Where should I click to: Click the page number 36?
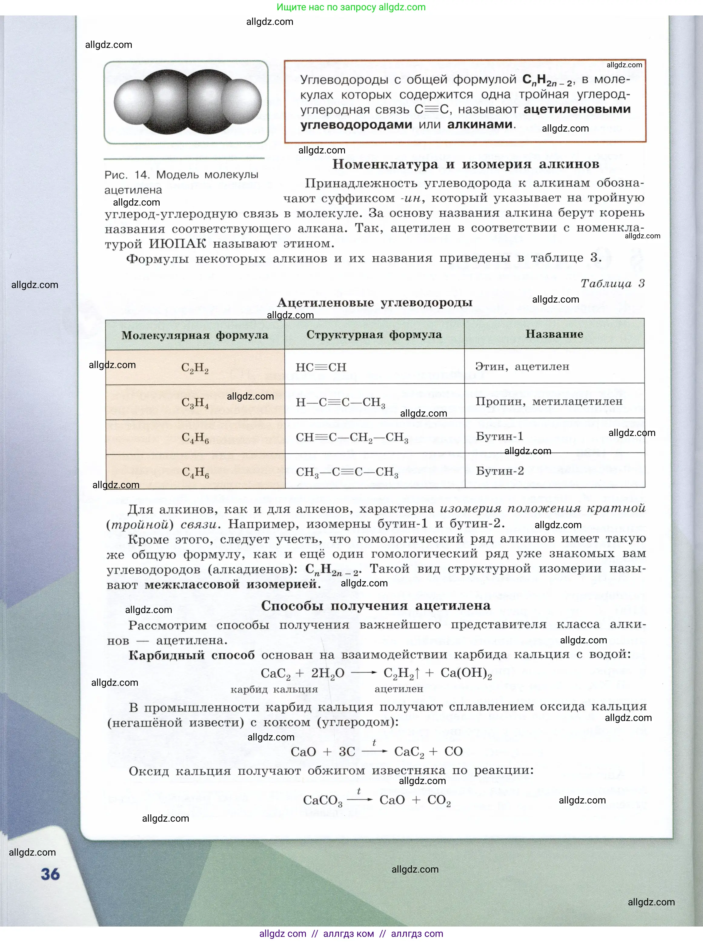(x=50, y=874)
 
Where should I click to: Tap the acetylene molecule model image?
(x=187, y=102)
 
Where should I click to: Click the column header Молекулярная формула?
(x=195, y=335)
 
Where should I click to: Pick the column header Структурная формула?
(x=374, y=335)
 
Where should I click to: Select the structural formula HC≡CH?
(x=321, y=367)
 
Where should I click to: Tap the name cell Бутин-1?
(x=499, y=436)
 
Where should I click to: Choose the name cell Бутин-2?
(x=499, y=471)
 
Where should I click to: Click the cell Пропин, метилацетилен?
(x=549, y=401)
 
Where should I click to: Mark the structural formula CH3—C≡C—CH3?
(x=347, y=472)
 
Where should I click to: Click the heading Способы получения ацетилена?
(x=376, y=605)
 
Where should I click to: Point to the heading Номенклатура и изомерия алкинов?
(x=466, y=164)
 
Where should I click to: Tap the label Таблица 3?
(x=612, y=283)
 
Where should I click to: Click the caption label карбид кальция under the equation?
(x=274, y=689)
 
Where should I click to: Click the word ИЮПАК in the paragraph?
(x=177, y=243)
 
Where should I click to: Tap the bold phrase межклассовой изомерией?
(x=232, y=584)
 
